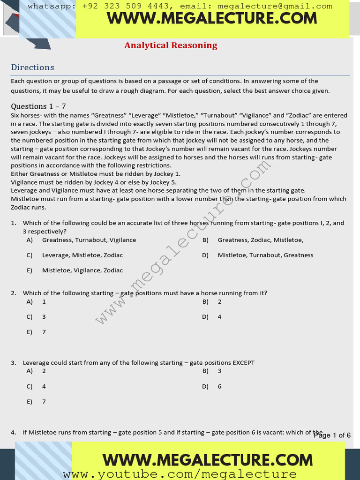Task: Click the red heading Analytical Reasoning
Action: click(x=171, y=45)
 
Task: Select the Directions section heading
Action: click(x=32, y=67)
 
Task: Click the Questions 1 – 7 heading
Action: click(x=38, y=106)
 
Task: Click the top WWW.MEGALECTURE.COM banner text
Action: click(x=212, y=19)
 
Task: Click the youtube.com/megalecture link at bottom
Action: click(x=180, y=474)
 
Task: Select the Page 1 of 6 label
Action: click(x=332, y=435)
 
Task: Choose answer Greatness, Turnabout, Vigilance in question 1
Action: click(x=89, y=240)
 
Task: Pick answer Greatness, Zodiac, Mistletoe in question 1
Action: click(x=260, y=240)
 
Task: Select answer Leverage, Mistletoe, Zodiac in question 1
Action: click(x=82, y=255)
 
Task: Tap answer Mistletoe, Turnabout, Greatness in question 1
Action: click(x=265, y=255)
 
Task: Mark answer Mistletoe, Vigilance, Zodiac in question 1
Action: click(x=82, y=270)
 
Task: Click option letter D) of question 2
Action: click(x=205, y=317)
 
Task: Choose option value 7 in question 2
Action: click(x=44, y=332)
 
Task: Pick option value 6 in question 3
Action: click(x=219, y=387)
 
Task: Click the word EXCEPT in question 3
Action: click(x=243, y=363)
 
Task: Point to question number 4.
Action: click(x=14, y=432)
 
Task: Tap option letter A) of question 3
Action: click(x=30, y=371)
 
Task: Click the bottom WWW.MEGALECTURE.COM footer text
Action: click(x=208, y=460)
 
